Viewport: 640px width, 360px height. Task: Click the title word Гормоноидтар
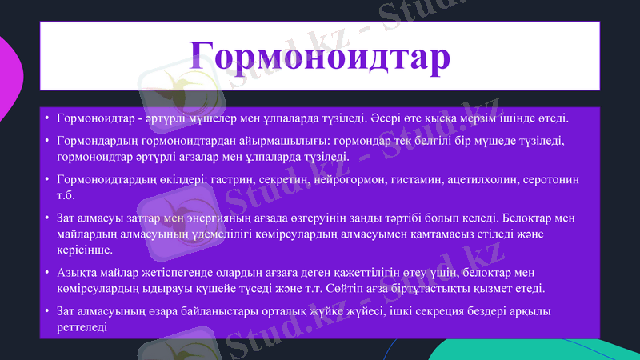click(x=319, y=54)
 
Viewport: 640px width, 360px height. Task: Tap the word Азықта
click(x=76, y=272)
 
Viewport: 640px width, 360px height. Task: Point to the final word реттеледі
click(x=82, y=326)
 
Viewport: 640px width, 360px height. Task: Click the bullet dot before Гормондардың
click(x=47, y=142)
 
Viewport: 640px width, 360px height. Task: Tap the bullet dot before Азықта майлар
click(x=47, y=273)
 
